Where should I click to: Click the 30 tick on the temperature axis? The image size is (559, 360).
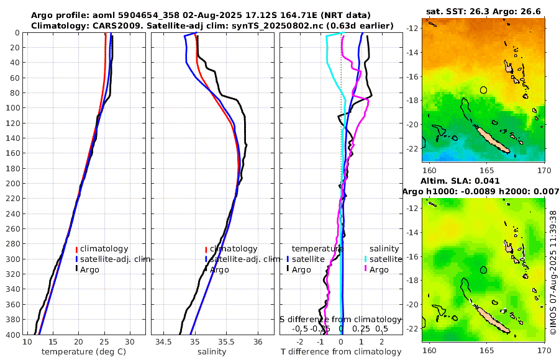coord(130,342)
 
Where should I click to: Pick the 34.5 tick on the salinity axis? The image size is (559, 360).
coord(164,342)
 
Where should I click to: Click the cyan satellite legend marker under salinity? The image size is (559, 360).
coord(366,259)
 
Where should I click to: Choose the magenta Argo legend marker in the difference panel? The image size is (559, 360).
coord(366,269)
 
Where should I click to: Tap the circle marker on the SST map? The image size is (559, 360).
coord(484,90)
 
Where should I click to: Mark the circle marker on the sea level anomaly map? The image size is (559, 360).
coord(484,270)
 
